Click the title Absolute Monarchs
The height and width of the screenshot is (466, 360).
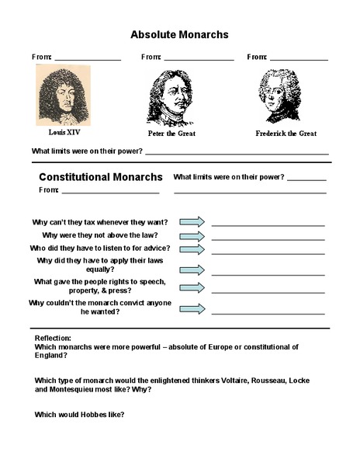pos(179,34)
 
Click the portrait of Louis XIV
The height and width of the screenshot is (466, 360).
pos(64,95)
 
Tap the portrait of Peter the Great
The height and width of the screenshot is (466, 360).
pos(171,96)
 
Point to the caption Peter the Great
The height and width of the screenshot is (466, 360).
pos(171,134)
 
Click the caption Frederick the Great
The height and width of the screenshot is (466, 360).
pos(286,134)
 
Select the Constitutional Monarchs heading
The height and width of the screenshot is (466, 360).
pos(101,177)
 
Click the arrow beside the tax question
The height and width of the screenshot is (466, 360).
pos(192,221)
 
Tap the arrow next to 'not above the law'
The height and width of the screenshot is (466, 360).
pos(192,235)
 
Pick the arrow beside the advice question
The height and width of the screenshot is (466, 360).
pos(192,249)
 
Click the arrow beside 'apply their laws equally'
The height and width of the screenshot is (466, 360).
pos(192,270)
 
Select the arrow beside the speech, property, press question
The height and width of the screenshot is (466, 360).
pos(192,287)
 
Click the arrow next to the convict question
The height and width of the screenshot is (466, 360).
pos(192,308)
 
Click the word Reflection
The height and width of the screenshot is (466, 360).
pos(53,339)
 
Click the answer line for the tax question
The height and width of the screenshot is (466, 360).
pos(268,224)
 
